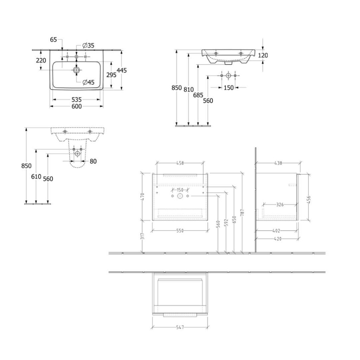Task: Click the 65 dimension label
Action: (x=53, y=40)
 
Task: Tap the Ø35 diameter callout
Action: (x=88, y=45)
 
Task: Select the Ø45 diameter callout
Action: (x=88, y=82)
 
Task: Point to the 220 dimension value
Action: (x=41, y=60)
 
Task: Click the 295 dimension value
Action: (x=111, y=75)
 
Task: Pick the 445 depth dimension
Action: (x=122, y=70)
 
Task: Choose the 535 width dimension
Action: (x=76, y=99)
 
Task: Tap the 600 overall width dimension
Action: (x=76, y=106)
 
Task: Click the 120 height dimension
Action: (x=263, y=55)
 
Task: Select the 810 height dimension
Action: (x=188, y=90)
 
